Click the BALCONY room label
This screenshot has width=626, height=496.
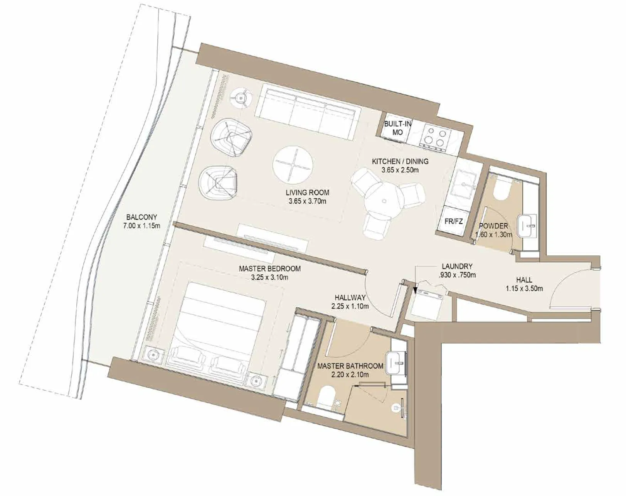141,217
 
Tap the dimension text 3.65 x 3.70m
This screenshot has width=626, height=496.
307,201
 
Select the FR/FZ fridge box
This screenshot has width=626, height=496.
453,221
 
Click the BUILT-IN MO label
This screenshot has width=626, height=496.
397,128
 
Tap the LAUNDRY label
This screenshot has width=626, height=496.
457,266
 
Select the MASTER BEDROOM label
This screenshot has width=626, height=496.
269,268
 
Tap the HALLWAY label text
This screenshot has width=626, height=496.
350,297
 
